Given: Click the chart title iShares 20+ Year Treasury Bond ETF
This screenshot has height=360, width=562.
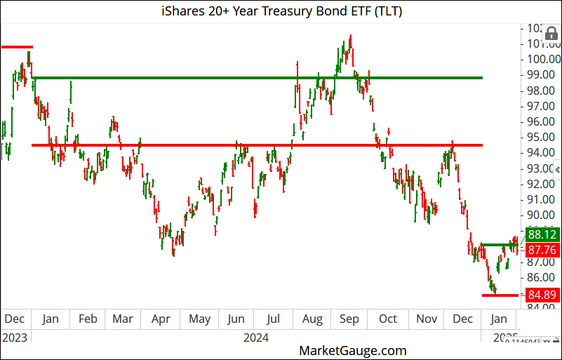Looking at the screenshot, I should click(x=281, y=11).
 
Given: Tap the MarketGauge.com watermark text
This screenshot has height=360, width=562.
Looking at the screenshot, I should click(x=352, y=349).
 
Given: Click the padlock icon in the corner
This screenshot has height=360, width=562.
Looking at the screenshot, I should click(x=551, y=33).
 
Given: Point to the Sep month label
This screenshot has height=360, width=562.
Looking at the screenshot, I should click(x=349, y=319).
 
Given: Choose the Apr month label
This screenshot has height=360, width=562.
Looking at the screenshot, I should click(x=161, y=319).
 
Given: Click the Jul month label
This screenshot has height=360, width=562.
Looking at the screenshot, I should click(x=274, y=319).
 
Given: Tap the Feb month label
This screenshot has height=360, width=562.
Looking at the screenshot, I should click(x=88, y=319).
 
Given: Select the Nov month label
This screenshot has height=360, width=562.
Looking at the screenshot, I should click(x=427, y=319).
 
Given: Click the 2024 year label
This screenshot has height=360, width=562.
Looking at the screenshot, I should click(x=256, y=338).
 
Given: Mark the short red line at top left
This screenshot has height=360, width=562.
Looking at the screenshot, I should click(x=17, y=47).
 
